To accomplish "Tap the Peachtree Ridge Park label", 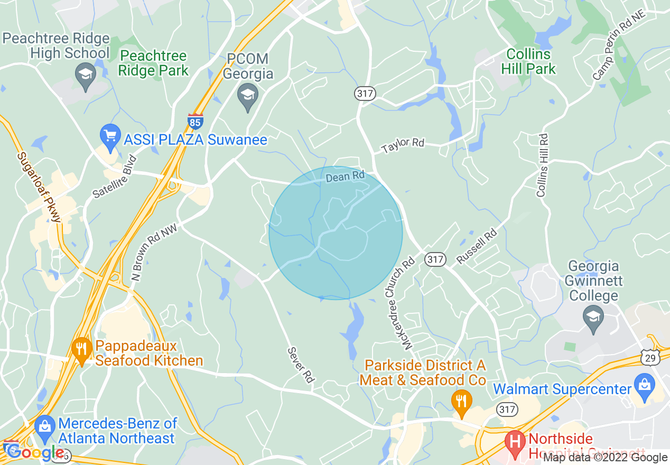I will [x=153, y=63].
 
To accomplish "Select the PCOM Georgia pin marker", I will [x=247, y=97].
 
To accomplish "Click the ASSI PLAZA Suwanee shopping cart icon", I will [x=110, y=135].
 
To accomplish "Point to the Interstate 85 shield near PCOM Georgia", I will [x=195, y=122].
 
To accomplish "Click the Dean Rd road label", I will [x=345, y=176].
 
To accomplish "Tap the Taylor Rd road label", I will [x=403, y=145].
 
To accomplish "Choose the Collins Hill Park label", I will [x=531, y=61].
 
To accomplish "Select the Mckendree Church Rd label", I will [x=408, y=304].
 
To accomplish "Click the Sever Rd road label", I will [x=301, y=365].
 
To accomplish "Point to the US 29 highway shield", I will [x=650, y=358].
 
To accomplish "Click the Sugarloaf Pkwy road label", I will [x=40, y=187].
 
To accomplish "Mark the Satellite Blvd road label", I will [x=115, y=176].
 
